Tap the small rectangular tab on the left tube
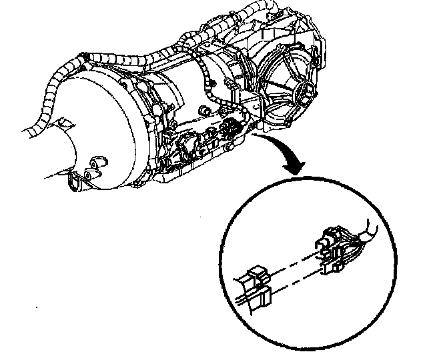(x=63, y=123)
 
